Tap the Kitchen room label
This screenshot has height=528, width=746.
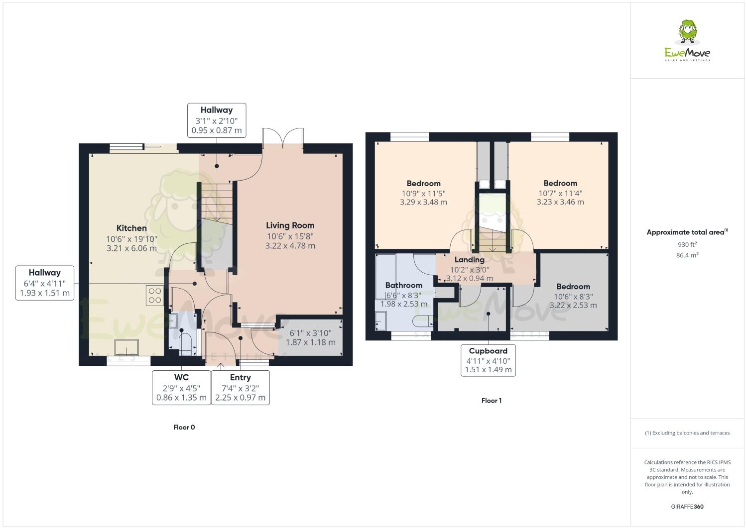click(131, 228)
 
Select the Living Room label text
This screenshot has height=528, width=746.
click(290, 225)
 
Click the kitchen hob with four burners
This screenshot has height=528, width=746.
click(155, 296)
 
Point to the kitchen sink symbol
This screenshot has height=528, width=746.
click(127, 346)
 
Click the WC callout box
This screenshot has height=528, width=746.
click(181, 388)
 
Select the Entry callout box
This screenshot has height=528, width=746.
click(240, 388)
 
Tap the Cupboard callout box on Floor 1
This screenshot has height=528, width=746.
click(488, 360)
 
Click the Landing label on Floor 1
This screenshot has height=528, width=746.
click(469, 260)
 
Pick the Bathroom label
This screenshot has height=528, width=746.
click(403, 285)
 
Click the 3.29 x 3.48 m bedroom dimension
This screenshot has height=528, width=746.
click(423, 203)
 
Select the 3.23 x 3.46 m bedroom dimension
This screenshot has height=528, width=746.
click(560, 203)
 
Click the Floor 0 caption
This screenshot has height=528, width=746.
click(184, 427)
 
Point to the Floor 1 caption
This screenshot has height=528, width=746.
click(491, 401)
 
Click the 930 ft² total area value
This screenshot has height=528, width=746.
click(687, 245)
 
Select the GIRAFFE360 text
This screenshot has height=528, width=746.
click(687, 507)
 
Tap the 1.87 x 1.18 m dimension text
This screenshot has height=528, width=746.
click(310, 342)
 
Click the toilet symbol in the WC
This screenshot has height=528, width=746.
click(185, 343)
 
